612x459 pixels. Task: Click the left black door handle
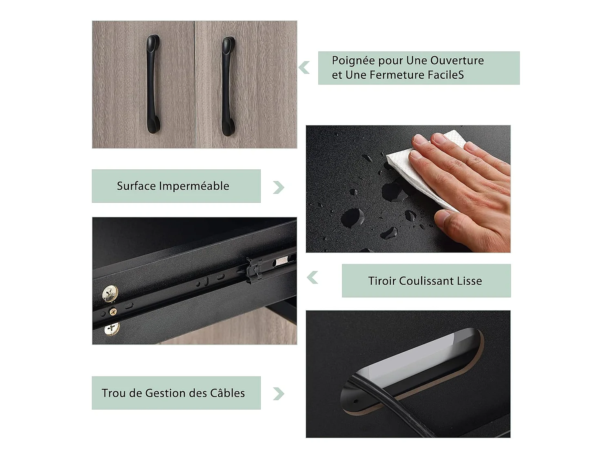point(153,84)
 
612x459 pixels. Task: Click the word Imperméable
point(194,186)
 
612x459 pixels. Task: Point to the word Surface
point(136,186)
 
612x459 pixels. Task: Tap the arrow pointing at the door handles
point(304,67)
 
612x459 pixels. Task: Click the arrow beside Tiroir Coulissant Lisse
point(312,277)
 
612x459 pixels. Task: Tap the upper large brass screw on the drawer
point(110,294)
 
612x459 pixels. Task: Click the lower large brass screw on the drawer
point(112,329)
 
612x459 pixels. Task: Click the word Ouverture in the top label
point(457,60)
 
